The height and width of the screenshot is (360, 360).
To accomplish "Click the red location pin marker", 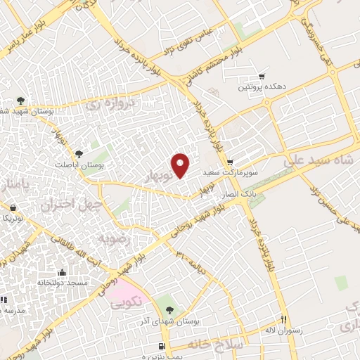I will (x=181, y=164).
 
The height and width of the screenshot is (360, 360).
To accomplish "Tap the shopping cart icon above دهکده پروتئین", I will (x=262, y=76).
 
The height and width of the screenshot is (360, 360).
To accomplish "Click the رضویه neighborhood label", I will (x=115, y=238).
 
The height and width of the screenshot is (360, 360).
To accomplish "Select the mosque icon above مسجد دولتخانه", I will (x=62, y=272).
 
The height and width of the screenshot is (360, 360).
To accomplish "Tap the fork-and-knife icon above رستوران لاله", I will (x=283, y=319).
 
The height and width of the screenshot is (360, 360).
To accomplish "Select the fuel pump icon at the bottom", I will (x=163, y=347).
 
